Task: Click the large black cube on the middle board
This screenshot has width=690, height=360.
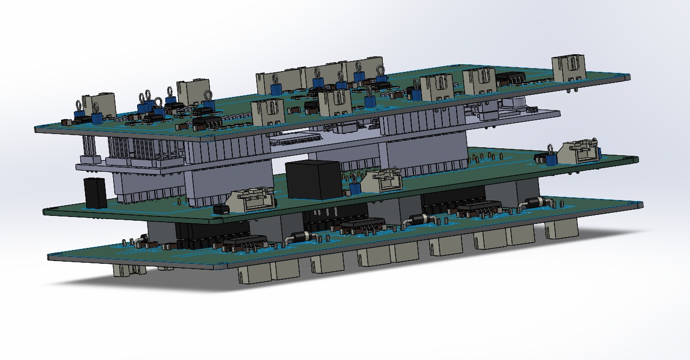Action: [x=313, y=179]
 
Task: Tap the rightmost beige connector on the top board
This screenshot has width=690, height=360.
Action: [x=569, y=70]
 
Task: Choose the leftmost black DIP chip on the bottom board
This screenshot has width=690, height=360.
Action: [x=245, y=243]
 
